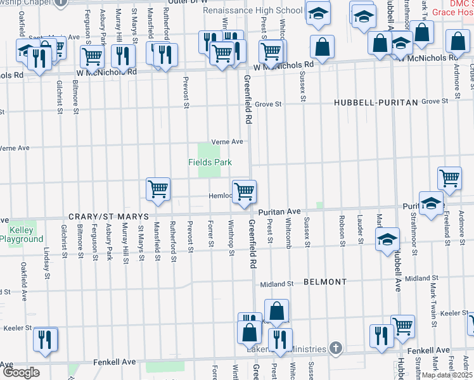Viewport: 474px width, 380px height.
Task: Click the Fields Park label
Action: click(x=210, y=162)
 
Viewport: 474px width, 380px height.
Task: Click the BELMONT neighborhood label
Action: click(x=324, y=281)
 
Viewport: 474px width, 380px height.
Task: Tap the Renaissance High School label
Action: click(x=252, y=11)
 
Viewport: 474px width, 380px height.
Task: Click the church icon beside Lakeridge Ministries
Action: click(x=336, y=348)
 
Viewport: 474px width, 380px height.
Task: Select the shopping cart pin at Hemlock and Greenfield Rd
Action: click(x=244, y=191)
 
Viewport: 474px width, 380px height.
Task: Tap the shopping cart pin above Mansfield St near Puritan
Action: click(x=157, y=189)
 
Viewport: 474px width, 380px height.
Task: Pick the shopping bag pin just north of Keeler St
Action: click(x=276, y=312)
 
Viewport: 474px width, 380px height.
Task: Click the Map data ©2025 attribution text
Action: click(x=447, y=375)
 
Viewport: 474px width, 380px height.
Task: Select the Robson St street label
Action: click(x=342, y=233)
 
